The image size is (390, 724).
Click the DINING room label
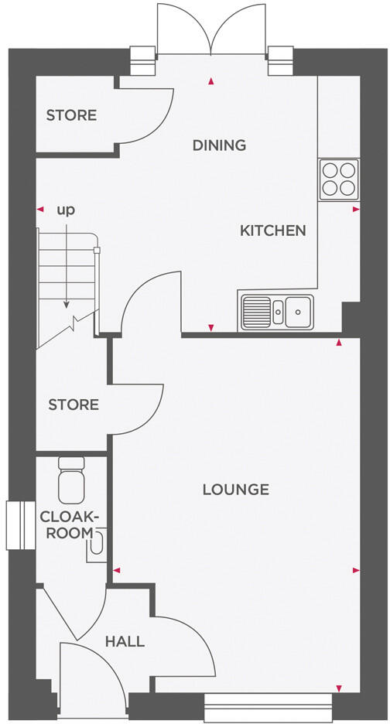click(x=219, y=145)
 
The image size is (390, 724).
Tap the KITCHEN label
click(x=272, y=231)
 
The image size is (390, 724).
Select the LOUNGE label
click(x=235, y=490)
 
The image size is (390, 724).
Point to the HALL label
click(x=125, y=641)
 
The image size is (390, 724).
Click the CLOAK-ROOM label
click(x=70, y=524)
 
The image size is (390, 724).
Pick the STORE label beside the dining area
click(x=71, y=116)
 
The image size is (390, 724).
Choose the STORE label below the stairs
click(x=74, y=405)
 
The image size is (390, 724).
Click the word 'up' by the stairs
click(x=67, y=209)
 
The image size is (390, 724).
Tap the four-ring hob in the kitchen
click(x=340, y=179)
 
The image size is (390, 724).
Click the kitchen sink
click(x=277, y=312)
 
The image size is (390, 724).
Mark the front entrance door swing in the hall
click(x=89, y=673)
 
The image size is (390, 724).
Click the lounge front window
click(x=268, y=702)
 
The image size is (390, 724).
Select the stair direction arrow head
click(x=67, y=306)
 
